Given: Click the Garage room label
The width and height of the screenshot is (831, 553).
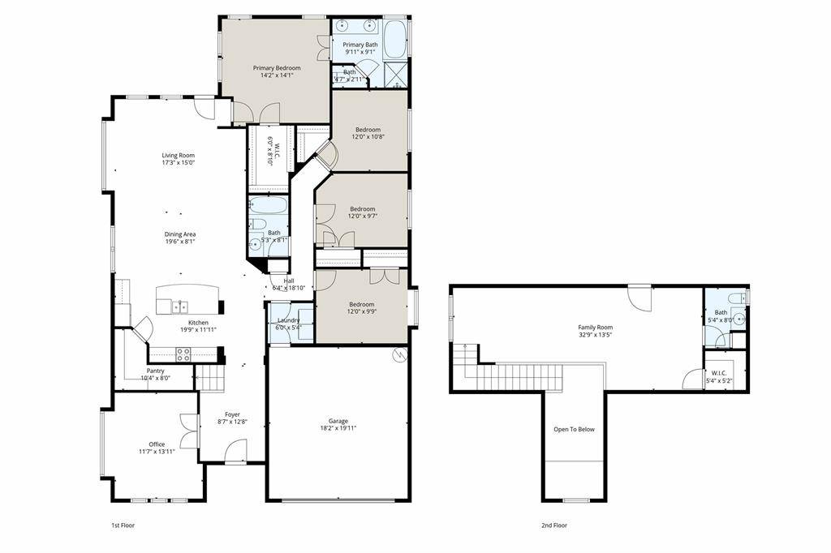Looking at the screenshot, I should coord(338,421).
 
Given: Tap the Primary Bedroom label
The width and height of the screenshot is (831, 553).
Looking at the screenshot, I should coord(277,68).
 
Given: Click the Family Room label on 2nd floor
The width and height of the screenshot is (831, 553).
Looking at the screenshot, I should coord(595,327).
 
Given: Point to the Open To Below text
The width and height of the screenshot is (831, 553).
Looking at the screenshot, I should coord(574,429).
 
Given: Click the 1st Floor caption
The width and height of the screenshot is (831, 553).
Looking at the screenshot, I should coord(122,525).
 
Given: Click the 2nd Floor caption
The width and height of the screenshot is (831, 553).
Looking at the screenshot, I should coord(554,525).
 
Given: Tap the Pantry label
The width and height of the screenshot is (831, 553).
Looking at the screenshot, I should coord(155,371).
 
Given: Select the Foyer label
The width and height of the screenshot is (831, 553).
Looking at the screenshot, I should coord(232,414).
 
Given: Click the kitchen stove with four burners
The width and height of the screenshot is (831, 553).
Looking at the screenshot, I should coord(183,354).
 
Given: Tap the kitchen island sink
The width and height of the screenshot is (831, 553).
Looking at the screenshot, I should coord(180,307).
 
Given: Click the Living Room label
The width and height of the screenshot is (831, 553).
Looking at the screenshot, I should coord(178,155).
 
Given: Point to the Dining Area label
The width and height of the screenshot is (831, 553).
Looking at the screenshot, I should coord(180,234).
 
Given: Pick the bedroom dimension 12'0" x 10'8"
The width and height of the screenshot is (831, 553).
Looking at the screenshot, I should coord(368,137).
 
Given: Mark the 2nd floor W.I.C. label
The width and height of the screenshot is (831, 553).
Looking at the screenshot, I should coord(719,374).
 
